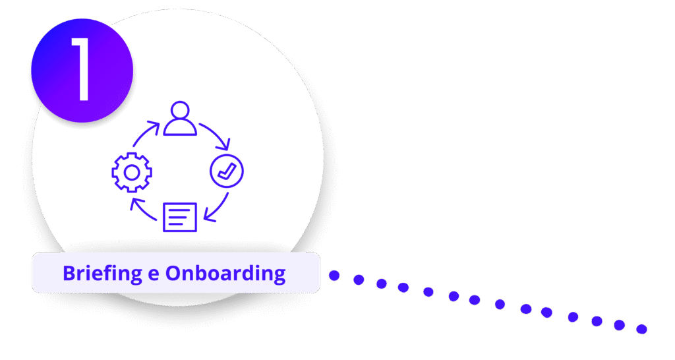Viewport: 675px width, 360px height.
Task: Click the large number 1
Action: coord(81,69)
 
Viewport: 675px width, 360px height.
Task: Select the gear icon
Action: coord(132,173)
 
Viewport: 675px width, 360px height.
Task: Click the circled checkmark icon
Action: coord(226,171)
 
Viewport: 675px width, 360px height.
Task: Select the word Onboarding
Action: coord(225,273)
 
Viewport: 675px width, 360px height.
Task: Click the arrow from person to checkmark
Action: coord(216,135)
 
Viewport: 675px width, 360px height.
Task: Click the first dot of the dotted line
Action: coord(334,276)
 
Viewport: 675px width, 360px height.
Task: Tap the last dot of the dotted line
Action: coord(641,328)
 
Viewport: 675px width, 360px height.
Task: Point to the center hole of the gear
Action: coord(132,173)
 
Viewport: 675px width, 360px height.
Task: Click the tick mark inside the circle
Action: coord(227,171)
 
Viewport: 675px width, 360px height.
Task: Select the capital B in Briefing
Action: coord(68,273)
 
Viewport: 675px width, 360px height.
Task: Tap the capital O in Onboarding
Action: coord(173,273)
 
